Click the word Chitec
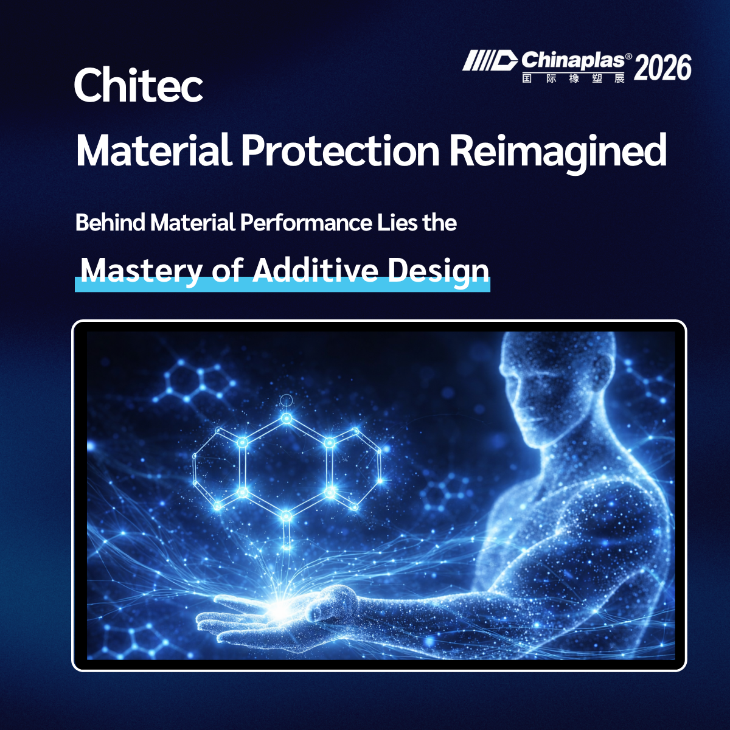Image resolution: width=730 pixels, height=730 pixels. click(x=139, y=85)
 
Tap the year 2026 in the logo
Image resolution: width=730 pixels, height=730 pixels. click(x=662, y=68)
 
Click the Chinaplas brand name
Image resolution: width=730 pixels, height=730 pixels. click(x=573, y=61)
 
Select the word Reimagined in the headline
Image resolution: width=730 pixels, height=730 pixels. click(x=558, y=151)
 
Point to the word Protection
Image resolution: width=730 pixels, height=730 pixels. click(x=340, y=150)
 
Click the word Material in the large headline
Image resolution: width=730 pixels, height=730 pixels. click(x=154, y=150)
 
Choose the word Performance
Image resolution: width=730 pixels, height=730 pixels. click(x=306, y=223)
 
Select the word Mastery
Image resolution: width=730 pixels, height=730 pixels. click(x=142, y=271)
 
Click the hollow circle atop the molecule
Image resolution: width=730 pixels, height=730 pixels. click(x=287, y=400)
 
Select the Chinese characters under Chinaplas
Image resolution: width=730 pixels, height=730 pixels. click(x=573, y=78)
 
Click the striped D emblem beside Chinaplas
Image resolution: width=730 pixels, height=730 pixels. click(x=490, y=61)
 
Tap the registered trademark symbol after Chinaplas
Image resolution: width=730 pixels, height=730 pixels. click(x=628, y=56)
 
